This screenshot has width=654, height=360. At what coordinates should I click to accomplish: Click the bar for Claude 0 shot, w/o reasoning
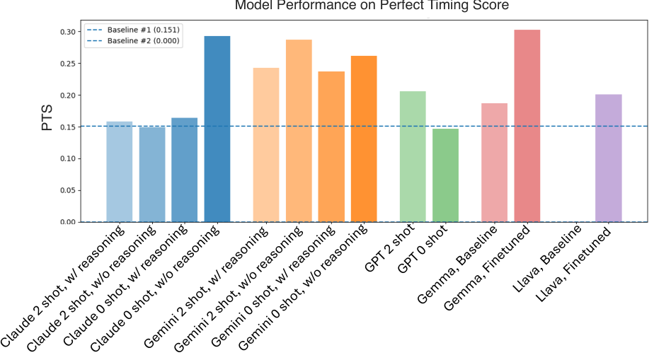click(x=217, y=129)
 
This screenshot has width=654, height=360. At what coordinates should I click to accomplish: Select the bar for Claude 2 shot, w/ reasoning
click(x=119, y=172)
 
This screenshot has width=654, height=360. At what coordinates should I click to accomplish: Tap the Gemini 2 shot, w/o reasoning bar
click(x=299, y=131)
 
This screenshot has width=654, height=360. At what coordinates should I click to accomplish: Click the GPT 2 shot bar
click(x=413, y=156)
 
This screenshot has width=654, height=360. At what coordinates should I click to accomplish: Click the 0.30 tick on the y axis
click(x=67, y=32)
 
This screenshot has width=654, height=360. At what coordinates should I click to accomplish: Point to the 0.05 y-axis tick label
click(x=67, y=190)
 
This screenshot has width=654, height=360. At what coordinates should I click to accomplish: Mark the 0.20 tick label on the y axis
click(x=67, y=95)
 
